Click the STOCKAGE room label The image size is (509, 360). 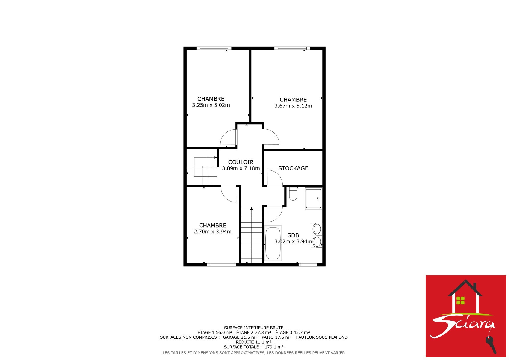(293, 168)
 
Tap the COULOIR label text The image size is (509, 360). (241, 162)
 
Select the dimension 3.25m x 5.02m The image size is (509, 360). (211, 105)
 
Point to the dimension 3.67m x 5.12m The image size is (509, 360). (293, 106)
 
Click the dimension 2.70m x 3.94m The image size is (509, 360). (213, 232)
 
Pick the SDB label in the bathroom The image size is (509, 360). (293, 235)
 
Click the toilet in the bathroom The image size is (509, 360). (293, 194)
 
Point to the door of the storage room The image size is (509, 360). (275, 178)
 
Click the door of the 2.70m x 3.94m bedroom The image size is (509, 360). (229, 194)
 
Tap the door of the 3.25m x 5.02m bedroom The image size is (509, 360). (229, 137)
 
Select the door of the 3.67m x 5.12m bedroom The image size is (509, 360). (271, 137)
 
